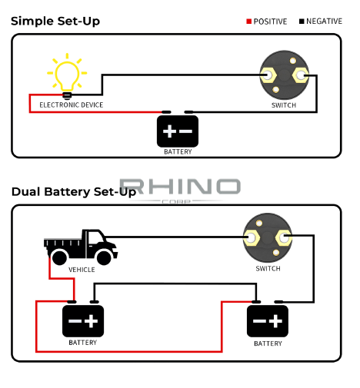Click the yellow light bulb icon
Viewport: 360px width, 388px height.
(x=67, y=76)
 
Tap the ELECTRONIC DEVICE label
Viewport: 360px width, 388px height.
(x=72, y=105)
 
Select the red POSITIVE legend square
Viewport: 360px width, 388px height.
(x=248, y=22)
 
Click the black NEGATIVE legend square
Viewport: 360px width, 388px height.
(x=302, y=22)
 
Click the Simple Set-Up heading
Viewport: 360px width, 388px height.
(x=55, y=21)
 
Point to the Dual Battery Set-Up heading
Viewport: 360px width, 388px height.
(x=74, y=192)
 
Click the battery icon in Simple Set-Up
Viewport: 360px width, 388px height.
(x=178, y=131)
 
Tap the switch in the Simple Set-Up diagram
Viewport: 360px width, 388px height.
(x=284, y=75)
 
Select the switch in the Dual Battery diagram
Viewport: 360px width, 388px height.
(x=268, y=237)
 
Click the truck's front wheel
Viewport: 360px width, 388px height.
(x=104, y=257)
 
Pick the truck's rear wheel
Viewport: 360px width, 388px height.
(x=59, y=257)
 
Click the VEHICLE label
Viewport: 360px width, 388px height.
(x=82, y=270)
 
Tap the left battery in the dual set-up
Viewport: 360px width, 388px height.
(x=83, y=321)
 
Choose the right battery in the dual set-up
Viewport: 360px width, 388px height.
(x=268, y=321)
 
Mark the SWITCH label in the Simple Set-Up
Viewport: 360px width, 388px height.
(x=284, y=105)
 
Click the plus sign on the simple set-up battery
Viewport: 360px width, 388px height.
(x=169, y=131)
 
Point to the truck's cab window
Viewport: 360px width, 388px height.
(x=95, y=237)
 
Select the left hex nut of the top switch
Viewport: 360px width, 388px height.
(x=268, y=75)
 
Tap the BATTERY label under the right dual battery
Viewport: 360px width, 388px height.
(x=268, y=343)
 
